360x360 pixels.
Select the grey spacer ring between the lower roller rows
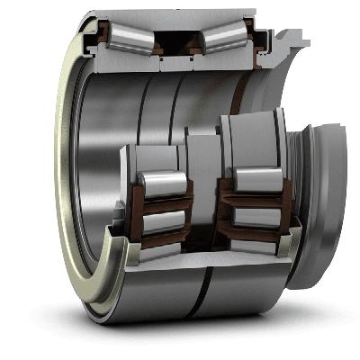coord(199,180)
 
